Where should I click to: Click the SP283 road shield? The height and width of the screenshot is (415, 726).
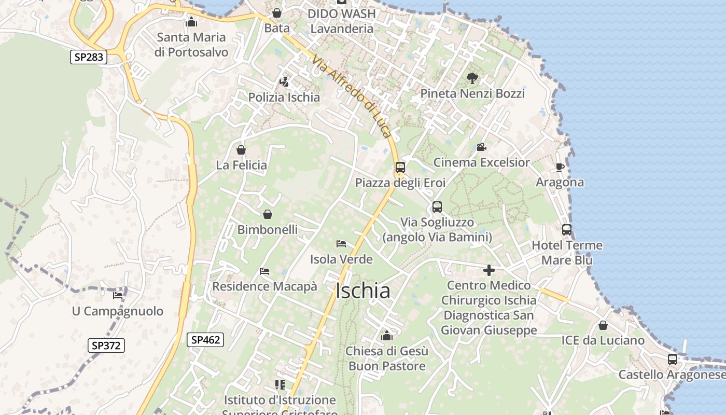click(89, 57)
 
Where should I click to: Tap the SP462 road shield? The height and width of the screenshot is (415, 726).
click(205, 340)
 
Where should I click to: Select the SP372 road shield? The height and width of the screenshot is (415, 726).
click(106, 345)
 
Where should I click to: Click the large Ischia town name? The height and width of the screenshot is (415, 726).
click(363, 291)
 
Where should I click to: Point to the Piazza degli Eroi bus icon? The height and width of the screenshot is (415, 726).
click(400, 168)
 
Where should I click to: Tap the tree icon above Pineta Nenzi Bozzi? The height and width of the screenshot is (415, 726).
click(472, 78)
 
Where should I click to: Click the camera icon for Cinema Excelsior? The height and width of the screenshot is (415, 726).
click(481, 147)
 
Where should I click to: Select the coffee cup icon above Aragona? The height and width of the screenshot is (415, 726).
click(560, 167)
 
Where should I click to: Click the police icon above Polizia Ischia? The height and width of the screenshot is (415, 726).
click(284, 82)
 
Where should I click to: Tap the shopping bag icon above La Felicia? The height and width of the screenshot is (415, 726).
click(241, 150)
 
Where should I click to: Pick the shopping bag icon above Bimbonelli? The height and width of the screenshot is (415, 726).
click(268, 214)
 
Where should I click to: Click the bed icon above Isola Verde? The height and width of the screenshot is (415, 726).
click(341, 244)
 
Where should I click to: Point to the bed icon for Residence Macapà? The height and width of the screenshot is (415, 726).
click(264, 271)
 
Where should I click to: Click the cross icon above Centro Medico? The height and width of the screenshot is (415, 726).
click(488, 270)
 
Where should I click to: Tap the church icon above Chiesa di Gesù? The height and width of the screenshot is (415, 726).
click(387, 336)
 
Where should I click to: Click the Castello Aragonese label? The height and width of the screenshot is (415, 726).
click(672, 375)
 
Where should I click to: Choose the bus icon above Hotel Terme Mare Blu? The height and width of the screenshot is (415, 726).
click(567, 230)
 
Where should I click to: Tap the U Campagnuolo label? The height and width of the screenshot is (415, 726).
click(117, 311)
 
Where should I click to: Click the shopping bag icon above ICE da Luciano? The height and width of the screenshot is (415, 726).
click(603, 325)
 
